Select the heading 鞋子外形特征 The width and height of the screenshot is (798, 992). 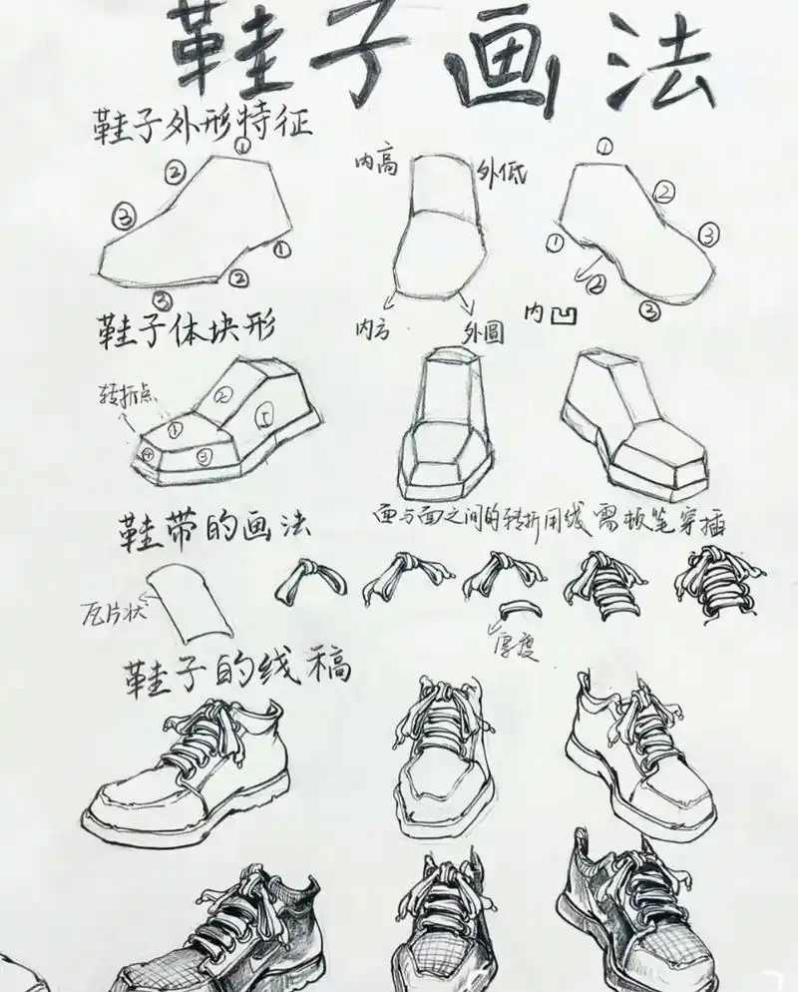(202, 126)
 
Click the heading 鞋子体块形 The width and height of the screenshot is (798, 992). (186, 326)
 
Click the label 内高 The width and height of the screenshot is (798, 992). (376, 163)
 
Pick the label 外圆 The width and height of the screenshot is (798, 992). (482, 332)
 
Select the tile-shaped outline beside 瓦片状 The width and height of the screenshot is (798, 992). (193, 603)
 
